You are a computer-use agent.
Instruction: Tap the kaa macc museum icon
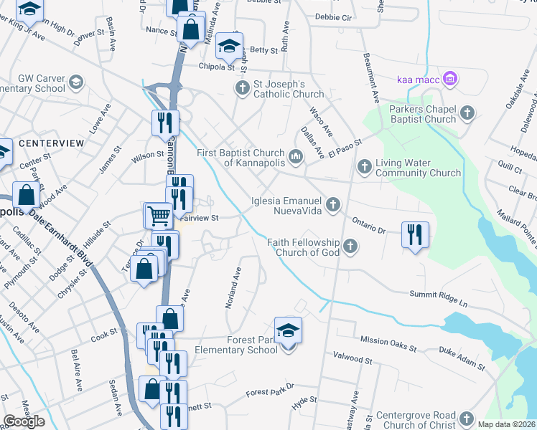(x=450, y=78)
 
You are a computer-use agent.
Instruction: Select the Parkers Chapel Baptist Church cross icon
(x=467, y=112)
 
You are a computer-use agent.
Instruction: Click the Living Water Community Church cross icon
(x=364, y=167)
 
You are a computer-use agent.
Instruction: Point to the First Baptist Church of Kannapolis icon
(x=295, y=156)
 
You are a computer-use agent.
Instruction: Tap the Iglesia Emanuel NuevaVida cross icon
(x=332, y=206)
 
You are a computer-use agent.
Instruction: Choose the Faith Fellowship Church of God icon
(x=350, y=247)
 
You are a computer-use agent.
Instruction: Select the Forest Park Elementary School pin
(x=288, y=331)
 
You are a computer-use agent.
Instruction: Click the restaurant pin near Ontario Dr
(x=414, y=234)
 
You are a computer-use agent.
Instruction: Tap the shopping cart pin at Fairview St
(x=158, y=214)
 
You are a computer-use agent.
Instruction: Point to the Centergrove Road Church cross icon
(x=467, y=419)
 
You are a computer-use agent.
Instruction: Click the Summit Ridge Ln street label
(x=438, y=298)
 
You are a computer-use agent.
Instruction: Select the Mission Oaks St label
(x=388, y=344)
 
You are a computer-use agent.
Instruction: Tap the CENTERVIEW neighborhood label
(x=52, y=143)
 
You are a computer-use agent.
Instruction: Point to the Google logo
(x=24, y=421)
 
